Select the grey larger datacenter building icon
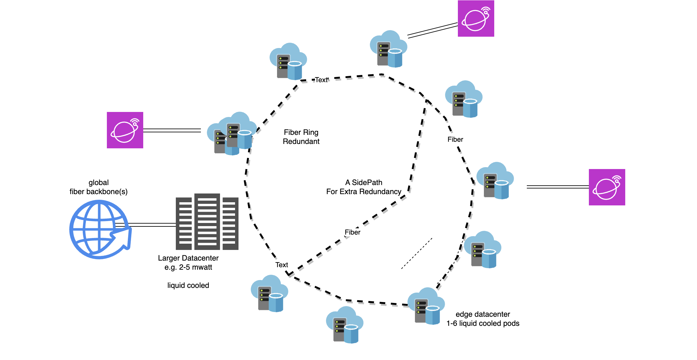click(x=207, y=222)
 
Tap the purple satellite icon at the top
click(x=476, y=19)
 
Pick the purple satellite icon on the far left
click(x=125, y=130)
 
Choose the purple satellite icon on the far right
click(x=607, y=187)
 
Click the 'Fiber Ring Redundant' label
click(x=301, y=137)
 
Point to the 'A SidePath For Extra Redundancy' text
click(x=364, y=187)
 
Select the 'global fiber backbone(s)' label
click(x=99, y=187)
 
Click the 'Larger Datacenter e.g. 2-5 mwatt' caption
click(x=188, y=262)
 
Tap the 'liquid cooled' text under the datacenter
click(x=188, y=285)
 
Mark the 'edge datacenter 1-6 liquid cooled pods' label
click(x=483, y=319)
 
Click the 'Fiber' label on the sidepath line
click(x=353, y=232)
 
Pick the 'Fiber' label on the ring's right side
click(x=455, y=140)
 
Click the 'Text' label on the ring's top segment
click(x=322, y=80)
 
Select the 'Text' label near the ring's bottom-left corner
click(x=282, y=265)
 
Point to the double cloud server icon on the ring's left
click(x=232, y=134)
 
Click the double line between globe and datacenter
click(x=146, y=225)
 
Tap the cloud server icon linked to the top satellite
click(x=389, y=49)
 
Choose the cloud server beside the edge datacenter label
click(x=426, y=306)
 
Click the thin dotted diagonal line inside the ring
click(x=417, y=253)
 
